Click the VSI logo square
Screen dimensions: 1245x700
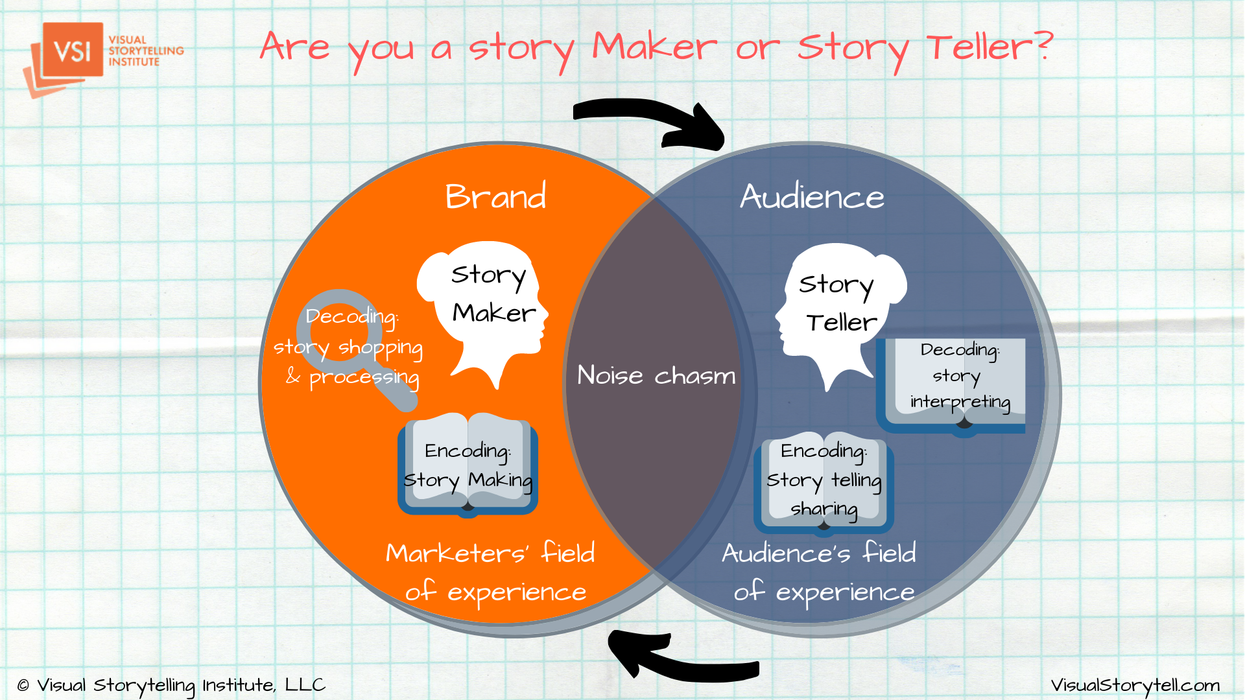73,50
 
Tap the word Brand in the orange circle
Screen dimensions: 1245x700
496,196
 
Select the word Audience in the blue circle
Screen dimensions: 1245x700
812,196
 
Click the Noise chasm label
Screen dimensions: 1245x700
656,375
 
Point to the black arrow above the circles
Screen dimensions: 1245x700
648,122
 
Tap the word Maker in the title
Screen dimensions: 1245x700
655,47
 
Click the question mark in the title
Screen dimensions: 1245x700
1043,45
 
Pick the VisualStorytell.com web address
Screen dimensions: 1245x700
1135,685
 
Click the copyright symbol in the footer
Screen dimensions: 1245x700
23,685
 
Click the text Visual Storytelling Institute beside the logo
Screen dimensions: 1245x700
146,51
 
